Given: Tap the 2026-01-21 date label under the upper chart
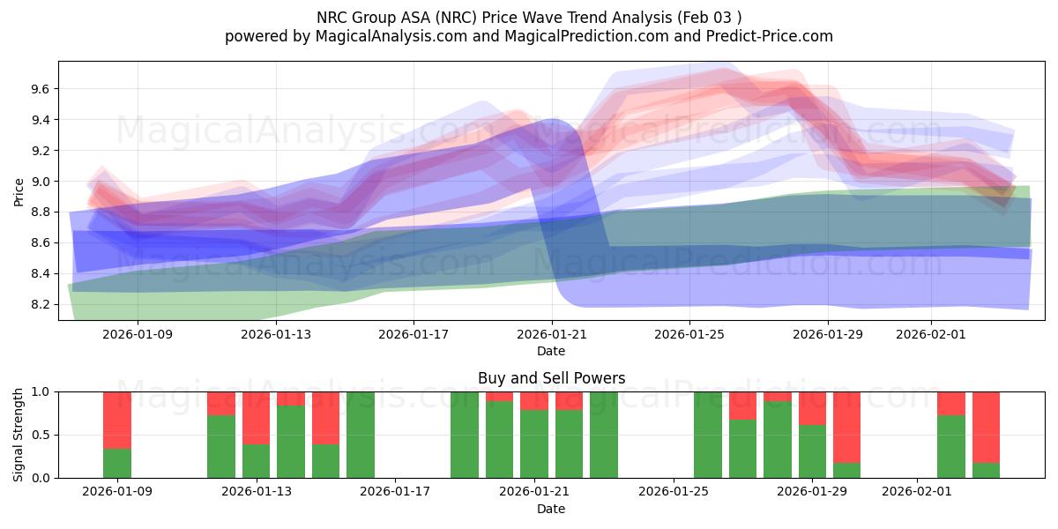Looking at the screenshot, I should tap(552, 334).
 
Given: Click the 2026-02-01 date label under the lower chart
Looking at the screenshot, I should tap(918, 492).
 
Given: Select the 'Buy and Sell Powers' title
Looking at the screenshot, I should tap(551, 378).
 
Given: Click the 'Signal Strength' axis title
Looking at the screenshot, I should tap(19, 435).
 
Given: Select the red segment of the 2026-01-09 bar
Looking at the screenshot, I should tap(117, 420).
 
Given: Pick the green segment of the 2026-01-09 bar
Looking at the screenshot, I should tap(117, 464).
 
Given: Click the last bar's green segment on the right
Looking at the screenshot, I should tap(986, 470).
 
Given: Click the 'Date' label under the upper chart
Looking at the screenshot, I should tap(551, 351).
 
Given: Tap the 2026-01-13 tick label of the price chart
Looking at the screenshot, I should tap(276, 334).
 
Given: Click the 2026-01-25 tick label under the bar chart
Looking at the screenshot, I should tap(674, 492).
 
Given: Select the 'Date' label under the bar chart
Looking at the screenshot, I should tap(551, 509).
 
